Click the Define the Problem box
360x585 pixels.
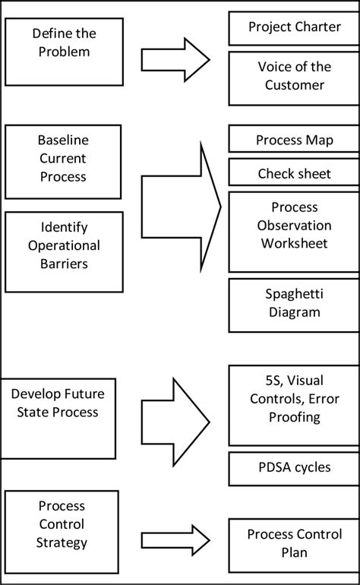click(x=64, y=51)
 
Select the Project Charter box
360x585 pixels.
click(x=294, y=28)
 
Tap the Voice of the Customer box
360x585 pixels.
click(x=294, y=75)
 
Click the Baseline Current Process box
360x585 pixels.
click(x=64, y=159)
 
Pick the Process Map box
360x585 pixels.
click(x=294, y=140)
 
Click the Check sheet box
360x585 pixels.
click(x=294, y=173)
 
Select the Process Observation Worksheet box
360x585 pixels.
click(x=294, y=226)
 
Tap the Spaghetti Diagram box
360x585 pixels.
click(x=294, y=304)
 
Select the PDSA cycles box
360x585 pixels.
click(x=294, y=467)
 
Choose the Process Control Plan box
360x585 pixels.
click(x=294, y=543)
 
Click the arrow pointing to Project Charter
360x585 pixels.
click(x=175, y=59)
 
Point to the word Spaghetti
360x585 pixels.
click(x=292, y=295)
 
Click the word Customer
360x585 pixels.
click(x=294, y=85)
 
